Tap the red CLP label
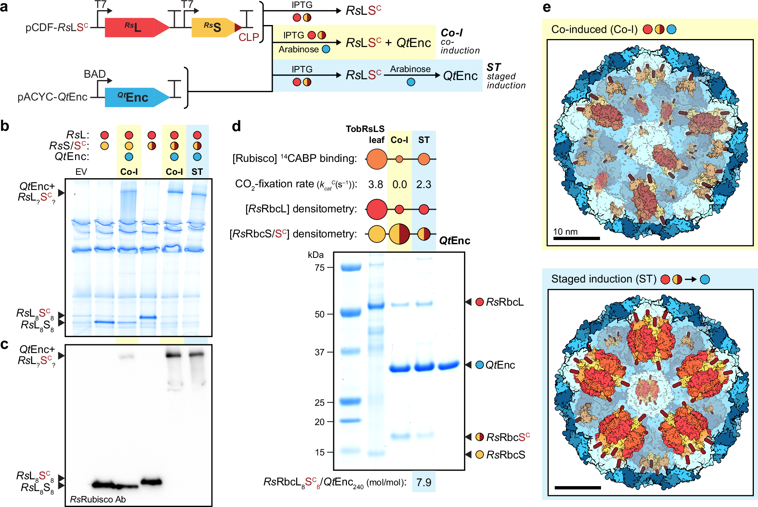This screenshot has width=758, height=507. click(249, 37)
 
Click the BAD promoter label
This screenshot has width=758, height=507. click(94, 74)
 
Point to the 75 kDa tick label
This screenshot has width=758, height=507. click(320, 268)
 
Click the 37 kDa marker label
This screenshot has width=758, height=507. click(320, 352)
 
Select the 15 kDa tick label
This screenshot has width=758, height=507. click(320, 452)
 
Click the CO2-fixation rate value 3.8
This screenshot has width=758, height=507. click(375, 184)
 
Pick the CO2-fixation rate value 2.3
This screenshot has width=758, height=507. click(424, 184)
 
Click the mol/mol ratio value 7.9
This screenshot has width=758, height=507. click(424, 482)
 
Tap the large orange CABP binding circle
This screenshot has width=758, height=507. click(377, 159)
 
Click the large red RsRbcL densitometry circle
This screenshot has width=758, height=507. click(377, 209)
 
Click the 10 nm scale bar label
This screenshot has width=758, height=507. click(565, 232)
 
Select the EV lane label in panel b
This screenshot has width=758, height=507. click(81, 172)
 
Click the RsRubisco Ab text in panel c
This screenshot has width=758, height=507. click(98, 499)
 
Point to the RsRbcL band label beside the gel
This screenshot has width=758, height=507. click(504, 302)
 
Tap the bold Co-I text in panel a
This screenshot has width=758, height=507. click(452, 33)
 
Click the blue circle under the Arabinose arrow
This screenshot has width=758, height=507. click(411, 82)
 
